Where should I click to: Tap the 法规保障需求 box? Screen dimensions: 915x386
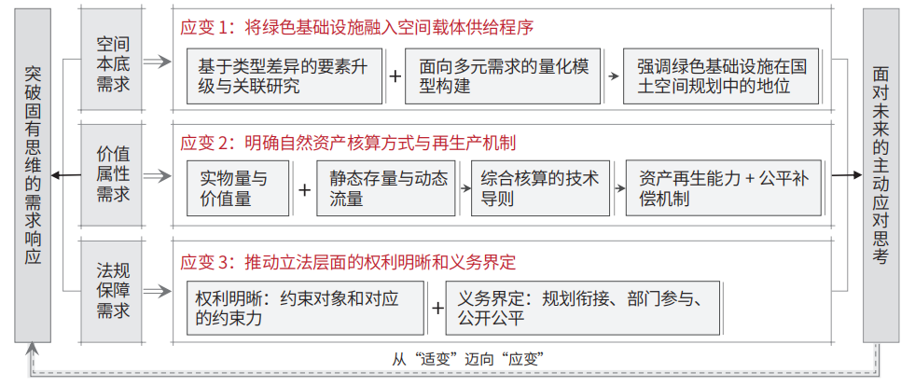pos(112,291)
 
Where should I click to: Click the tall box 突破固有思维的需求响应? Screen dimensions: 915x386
pos(33,175)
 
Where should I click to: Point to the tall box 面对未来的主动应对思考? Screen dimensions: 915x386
pos(880,175)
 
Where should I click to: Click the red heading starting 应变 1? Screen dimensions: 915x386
pos(357,27)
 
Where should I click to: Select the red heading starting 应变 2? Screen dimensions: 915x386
pos(349,143)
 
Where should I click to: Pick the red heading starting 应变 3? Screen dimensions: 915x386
pos(349,262)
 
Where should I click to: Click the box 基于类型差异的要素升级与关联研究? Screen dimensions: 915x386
pos(284,76)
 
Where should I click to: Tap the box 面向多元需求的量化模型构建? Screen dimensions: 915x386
pos(503,76)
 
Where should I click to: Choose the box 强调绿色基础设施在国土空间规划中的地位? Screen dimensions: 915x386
pos(721,76)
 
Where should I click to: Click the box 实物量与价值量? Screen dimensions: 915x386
pos(238,188)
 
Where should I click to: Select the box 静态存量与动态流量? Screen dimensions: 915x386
pos(386,188)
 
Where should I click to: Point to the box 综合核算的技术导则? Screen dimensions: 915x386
pos(540,188)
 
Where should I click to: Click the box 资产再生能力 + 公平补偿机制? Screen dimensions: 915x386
pos(724,188)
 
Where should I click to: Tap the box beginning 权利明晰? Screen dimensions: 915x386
pos(306,308)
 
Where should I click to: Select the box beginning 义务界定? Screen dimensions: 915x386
pos(584,308)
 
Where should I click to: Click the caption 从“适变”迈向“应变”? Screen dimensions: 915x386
pos(468,359)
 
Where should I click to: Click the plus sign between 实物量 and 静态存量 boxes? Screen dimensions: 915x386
pos(304,190)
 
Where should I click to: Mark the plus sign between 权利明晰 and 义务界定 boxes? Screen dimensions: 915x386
pos(437,308)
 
